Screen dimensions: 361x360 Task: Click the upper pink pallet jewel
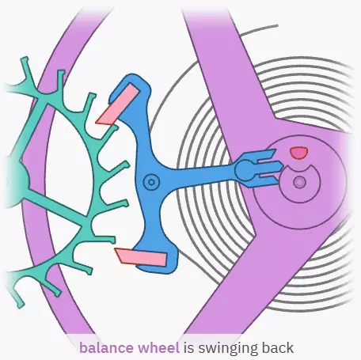pos(117,104)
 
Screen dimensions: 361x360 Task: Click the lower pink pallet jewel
pos(141,257)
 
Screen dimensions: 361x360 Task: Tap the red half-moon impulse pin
pos(298,153)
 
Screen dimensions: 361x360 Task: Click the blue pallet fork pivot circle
pos(151,182)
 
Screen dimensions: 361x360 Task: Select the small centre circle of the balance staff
pos(299,182)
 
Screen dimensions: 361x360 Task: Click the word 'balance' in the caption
pos(107,348)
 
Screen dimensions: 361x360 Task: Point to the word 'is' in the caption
pos(188,348)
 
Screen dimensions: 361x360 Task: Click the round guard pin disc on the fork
pos(245,170)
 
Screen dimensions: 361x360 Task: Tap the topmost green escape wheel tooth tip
pos(25,59)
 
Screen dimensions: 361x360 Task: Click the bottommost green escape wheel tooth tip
pos(21,305)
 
